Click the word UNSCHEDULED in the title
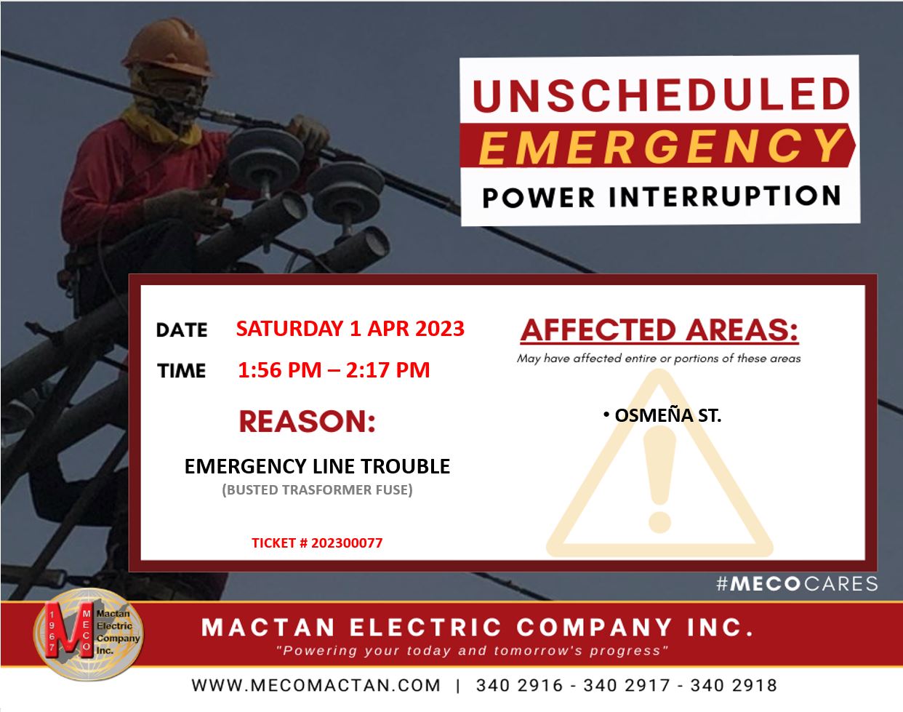[661, 95]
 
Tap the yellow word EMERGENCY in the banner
[661, 145]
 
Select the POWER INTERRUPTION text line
[661, 196]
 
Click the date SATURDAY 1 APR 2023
[350, 329]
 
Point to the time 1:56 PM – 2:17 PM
[334, 370]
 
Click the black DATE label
[182, 330]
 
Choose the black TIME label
[182, 371]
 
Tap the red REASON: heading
[307, 422]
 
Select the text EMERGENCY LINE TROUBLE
[317, 466]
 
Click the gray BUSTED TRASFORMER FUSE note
[317, 490]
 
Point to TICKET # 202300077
[317, 543]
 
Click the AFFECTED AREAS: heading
[659, 331]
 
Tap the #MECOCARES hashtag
[797, 583]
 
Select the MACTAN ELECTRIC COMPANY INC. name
[477, 627]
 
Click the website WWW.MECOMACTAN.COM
[316, 685]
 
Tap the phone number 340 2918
[734, 685]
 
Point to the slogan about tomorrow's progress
[473, 650]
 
